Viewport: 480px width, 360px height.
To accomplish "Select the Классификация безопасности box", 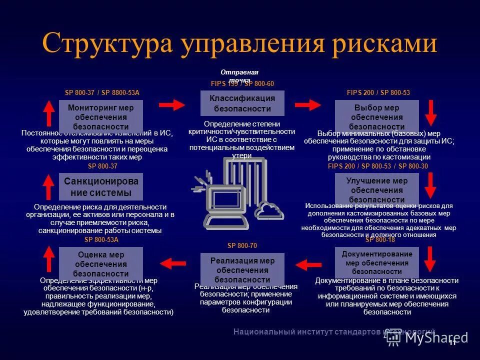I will tap(242, 103).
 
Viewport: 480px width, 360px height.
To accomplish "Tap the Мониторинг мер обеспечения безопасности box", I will tap(101, 116).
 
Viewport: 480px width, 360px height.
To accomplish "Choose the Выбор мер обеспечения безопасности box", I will tap(376, 116).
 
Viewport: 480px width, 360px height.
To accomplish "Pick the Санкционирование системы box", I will tap(101, 186).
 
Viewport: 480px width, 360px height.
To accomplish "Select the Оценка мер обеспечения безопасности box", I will tap(101, 263).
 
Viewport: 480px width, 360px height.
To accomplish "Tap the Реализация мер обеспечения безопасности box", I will tap(242, 269).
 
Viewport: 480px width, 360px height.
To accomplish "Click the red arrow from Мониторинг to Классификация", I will tap(172, 104).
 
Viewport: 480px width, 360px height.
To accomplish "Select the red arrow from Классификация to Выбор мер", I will tap(308, 104).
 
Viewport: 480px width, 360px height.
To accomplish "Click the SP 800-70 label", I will tap(242, 246).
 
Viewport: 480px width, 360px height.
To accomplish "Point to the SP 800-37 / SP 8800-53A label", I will tap(102, 93).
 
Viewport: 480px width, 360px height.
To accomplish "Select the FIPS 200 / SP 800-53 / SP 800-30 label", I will tap(377, 166).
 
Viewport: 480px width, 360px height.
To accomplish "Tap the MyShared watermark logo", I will tap(427, 337).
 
